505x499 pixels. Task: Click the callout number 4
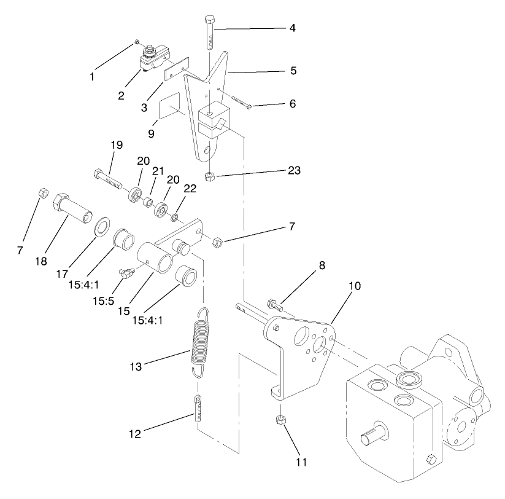[292, 29]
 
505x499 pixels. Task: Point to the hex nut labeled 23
[209, 176]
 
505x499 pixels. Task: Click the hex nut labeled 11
[277, 420]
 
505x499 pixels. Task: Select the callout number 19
[117, 145]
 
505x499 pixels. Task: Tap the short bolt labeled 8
[276, 303]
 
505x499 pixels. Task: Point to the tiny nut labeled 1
[136, 42]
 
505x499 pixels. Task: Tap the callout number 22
[190, 189]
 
